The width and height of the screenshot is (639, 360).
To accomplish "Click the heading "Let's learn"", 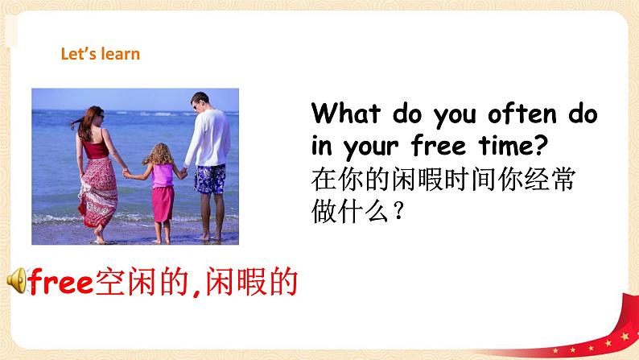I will coord(101,55).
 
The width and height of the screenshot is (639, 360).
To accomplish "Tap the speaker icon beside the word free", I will coord(16,280).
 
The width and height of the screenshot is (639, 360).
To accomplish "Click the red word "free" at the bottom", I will coord(60,280).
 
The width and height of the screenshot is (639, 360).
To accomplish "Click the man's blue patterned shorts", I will coord(209,178).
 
